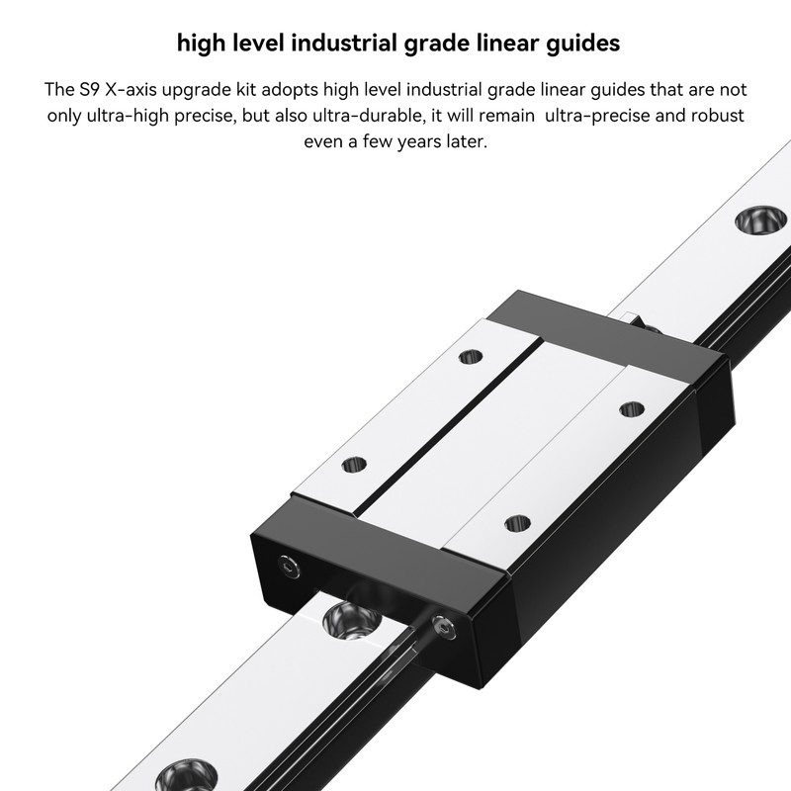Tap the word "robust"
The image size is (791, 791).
click(x=710, y=116)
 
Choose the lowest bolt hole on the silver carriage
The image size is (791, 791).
click(x=512, y=523)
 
